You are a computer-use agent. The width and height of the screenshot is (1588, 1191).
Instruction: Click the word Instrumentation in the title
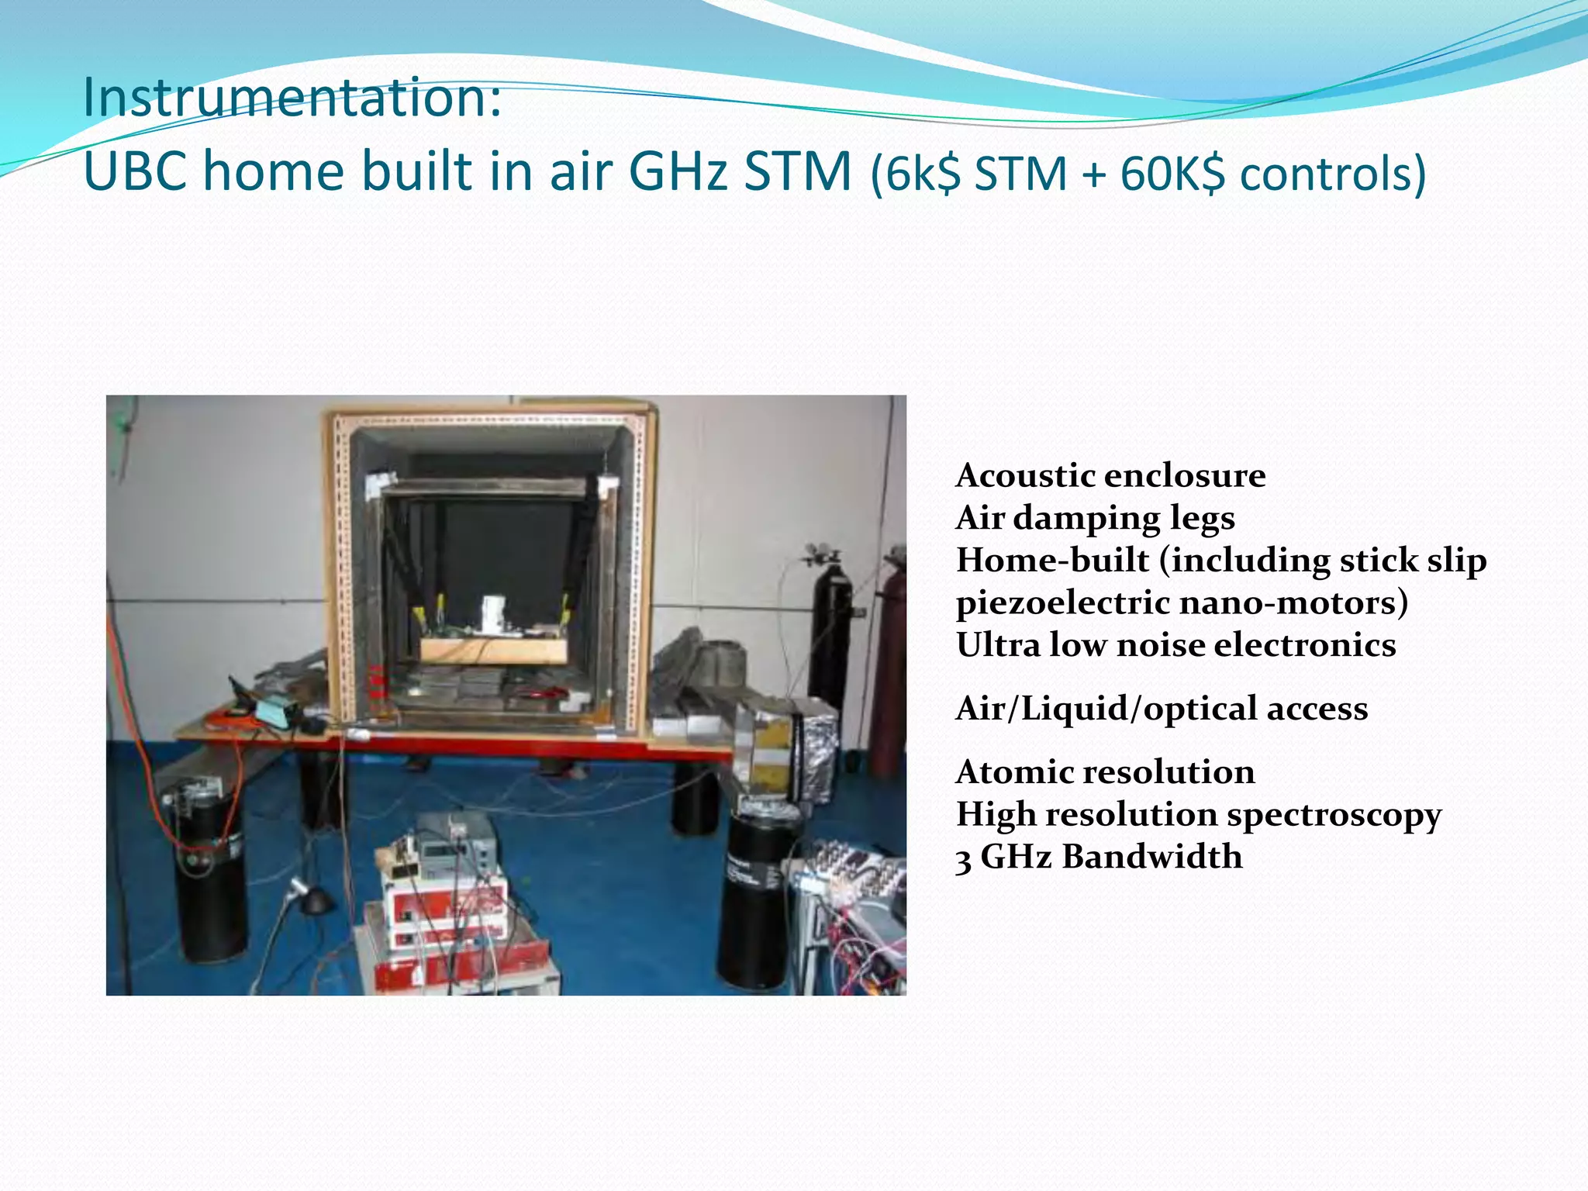(292, 98)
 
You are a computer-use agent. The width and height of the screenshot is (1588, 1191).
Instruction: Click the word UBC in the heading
(134, 171)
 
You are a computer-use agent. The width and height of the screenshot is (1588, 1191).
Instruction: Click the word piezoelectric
(1062, 603)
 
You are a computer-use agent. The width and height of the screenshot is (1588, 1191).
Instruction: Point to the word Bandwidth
(1151, 857)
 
